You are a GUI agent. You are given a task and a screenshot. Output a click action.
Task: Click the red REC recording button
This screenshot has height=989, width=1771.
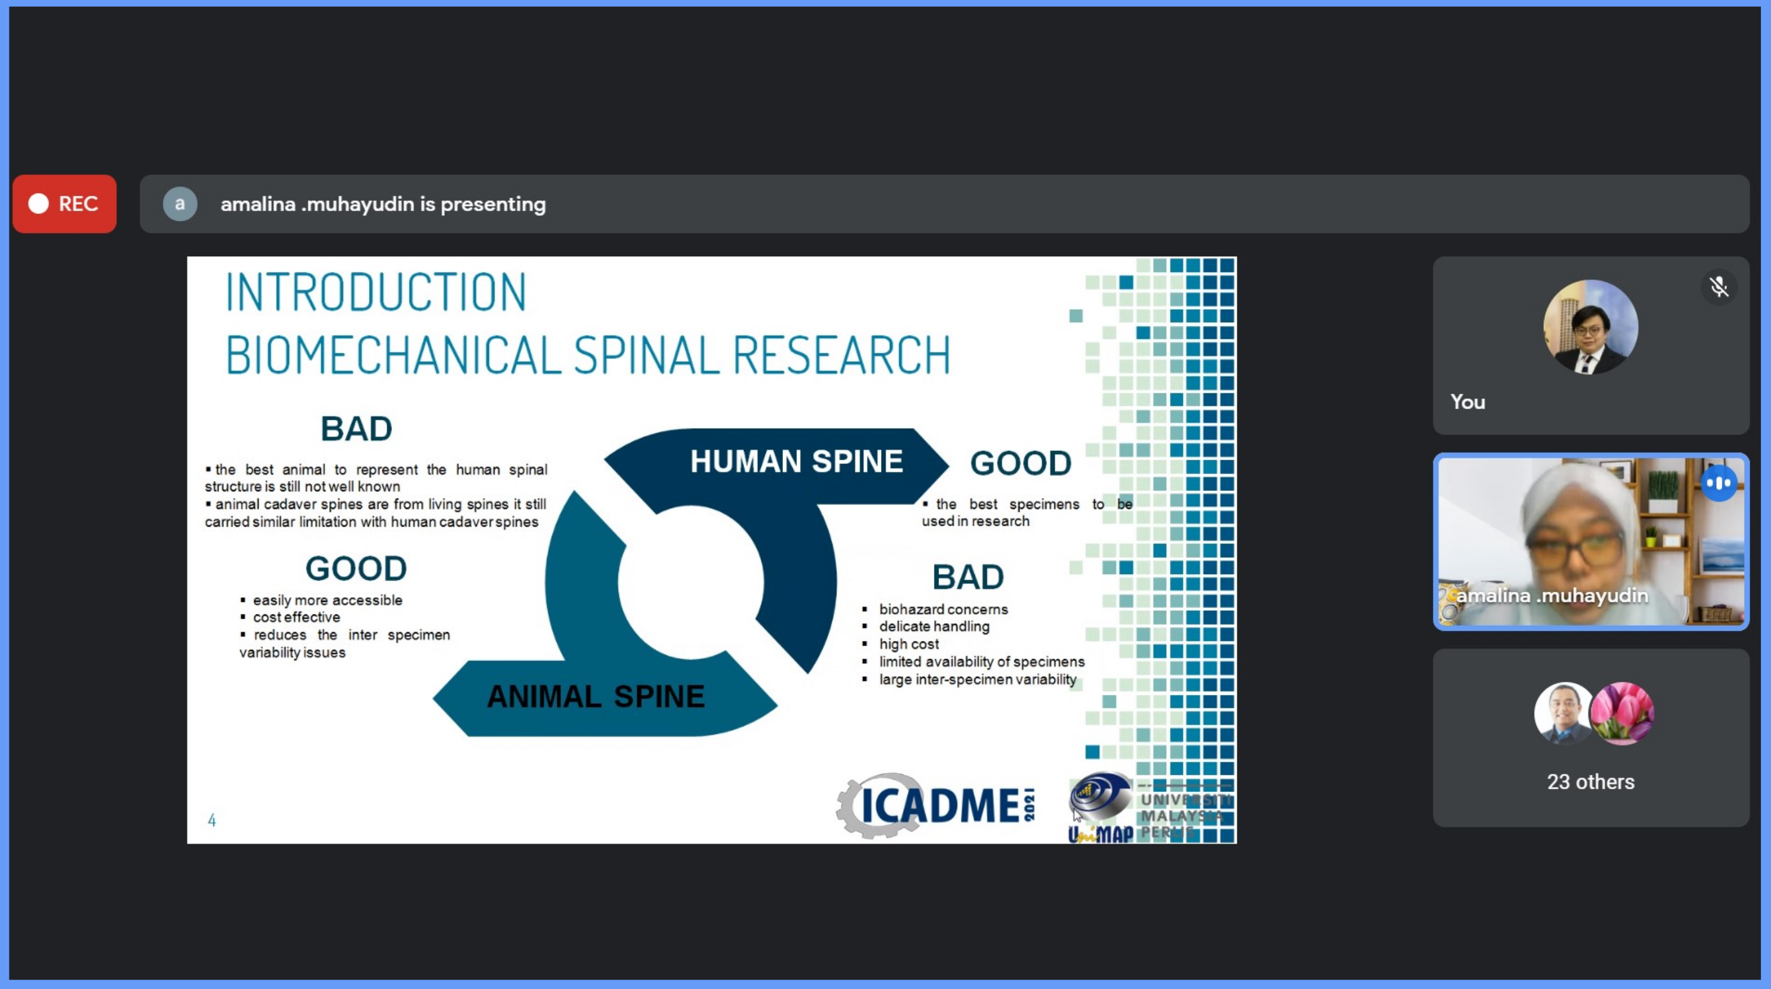[x=65, y=203]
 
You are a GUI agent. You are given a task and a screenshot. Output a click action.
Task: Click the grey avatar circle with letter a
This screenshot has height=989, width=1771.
[x=179, y=203]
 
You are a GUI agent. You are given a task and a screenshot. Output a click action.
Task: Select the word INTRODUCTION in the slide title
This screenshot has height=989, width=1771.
[x=376, y=292]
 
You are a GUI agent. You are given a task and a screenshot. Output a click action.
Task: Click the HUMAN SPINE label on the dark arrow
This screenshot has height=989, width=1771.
[x=796, y=461]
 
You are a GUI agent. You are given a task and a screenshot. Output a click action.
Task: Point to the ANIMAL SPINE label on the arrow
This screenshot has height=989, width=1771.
[x=595, y=697]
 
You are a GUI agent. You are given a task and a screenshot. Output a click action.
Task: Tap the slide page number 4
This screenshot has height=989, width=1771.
[x=211, y=820]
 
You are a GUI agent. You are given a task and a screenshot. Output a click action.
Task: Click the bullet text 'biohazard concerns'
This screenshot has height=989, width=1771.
[x=943, y=609]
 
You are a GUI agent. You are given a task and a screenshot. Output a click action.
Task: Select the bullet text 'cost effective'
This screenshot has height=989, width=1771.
[x=296, y=618]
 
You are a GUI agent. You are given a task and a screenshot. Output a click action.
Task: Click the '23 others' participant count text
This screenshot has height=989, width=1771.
[x=1590, y=782]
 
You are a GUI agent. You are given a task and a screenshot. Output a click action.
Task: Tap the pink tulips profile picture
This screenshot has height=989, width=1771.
[x=1622, y=714]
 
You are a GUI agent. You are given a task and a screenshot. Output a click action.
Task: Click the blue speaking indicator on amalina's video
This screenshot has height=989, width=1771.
[x=1719, y=483]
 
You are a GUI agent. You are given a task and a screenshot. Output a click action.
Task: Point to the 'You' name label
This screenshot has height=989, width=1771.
[x=1468, y=402]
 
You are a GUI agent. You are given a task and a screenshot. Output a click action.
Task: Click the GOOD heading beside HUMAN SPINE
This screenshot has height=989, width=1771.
[x=1020, y=463]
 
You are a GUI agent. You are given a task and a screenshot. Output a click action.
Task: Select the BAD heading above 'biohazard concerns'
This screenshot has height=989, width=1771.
[x=968, y=577]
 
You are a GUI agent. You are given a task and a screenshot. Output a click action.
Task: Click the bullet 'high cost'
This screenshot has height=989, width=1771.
[x=909, y=645]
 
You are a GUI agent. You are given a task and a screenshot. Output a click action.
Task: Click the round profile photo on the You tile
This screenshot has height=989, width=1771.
[x=1590, y=327]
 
